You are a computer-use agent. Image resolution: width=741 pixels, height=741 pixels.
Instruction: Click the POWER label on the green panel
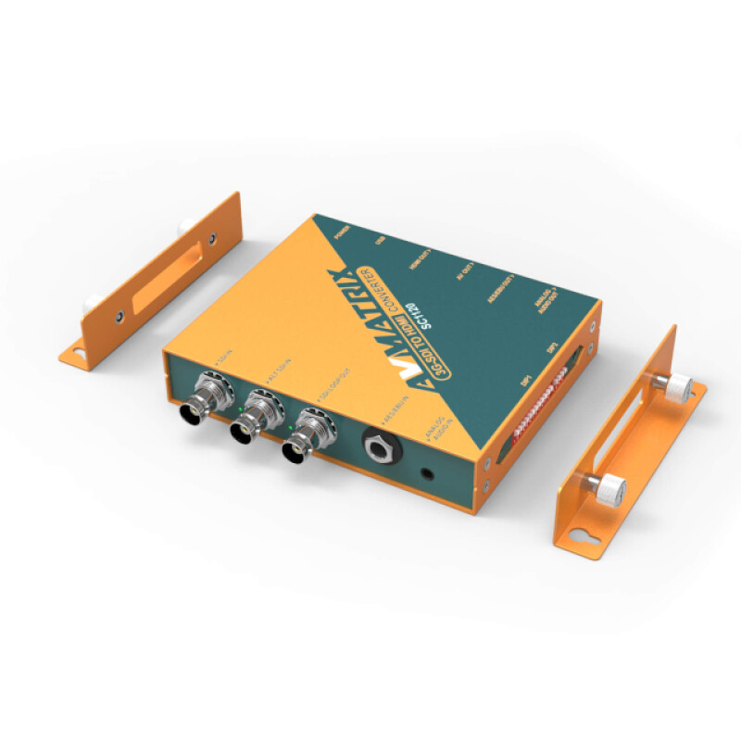coord(330,227)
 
